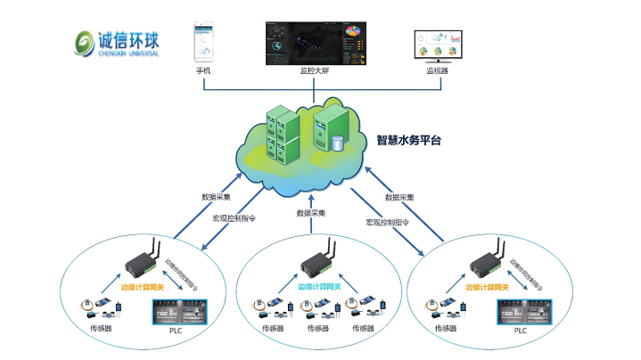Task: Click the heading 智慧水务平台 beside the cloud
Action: coord(409,141)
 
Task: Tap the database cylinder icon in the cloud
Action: coord(338,143)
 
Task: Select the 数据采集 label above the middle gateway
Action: coord(311,214)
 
